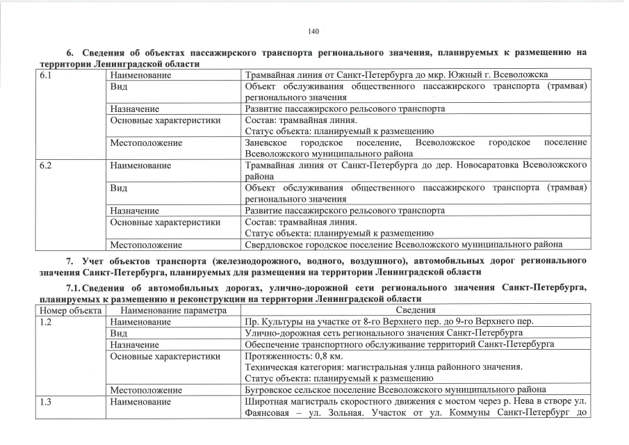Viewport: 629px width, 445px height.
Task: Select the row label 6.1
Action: point(46,74)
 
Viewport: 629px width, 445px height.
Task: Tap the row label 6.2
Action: point(46,165)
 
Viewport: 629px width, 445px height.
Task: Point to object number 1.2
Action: point(46,322)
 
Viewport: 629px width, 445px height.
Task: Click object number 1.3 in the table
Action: point(46,401)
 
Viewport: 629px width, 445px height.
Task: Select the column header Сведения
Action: point(416,310)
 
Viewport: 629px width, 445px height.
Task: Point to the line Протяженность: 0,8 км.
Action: point(296,355)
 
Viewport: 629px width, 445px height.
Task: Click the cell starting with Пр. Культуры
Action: point(390,322)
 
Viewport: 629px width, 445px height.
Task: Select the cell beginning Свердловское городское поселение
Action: point(403,244)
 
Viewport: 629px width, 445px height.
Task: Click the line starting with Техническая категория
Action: point(384,366)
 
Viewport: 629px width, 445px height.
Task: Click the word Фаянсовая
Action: point(269,412)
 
